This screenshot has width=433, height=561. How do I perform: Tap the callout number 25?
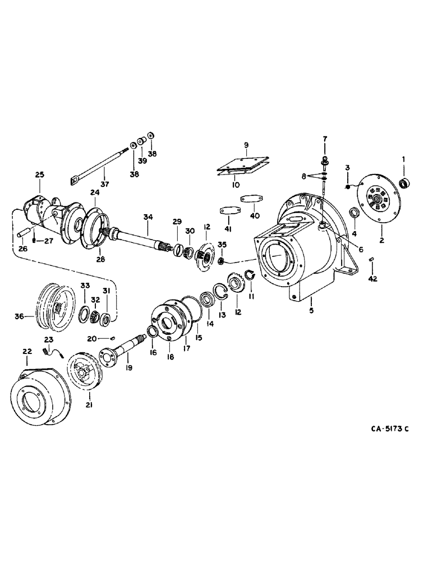39,176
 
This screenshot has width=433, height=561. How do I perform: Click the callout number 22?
26,351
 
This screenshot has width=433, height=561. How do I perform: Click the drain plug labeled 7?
324,162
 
